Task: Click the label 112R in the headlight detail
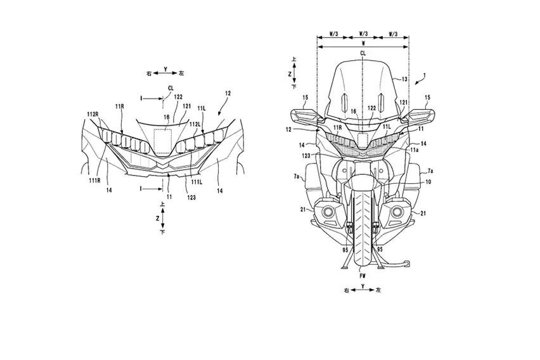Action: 93,114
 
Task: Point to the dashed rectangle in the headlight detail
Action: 165,138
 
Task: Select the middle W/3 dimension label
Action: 363,37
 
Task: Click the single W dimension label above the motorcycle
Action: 363,46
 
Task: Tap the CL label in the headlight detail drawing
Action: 170,88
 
